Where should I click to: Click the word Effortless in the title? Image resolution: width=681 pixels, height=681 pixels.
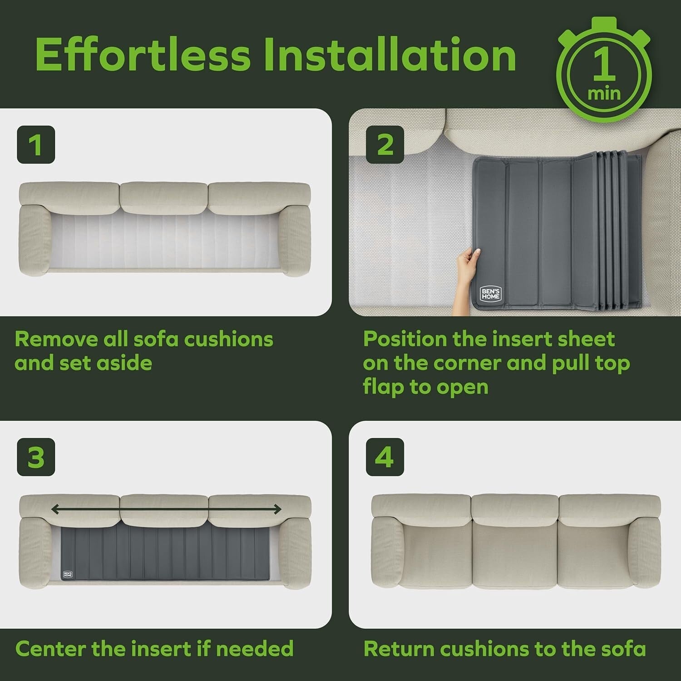click(x=143, y=55)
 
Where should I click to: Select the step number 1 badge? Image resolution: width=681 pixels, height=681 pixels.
click(x=36, y=145)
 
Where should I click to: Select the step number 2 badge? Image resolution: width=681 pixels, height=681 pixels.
click(x=385, y=145)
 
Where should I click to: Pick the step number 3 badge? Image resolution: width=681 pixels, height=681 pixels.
click(x=36, y=457)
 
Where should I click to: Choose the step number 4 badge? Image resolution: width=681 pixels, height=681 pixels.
click(x=385, y=457)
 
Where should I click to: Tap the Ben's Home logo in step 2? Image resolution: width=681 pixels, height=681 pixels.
click(x=490, y=293)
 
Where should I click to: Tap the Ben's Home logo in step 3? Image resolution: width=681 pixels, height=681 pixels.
click(x=67, y=573)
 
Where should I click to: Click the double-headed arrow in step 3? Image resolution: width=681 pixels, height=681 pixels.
click(x=166, y=509)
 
